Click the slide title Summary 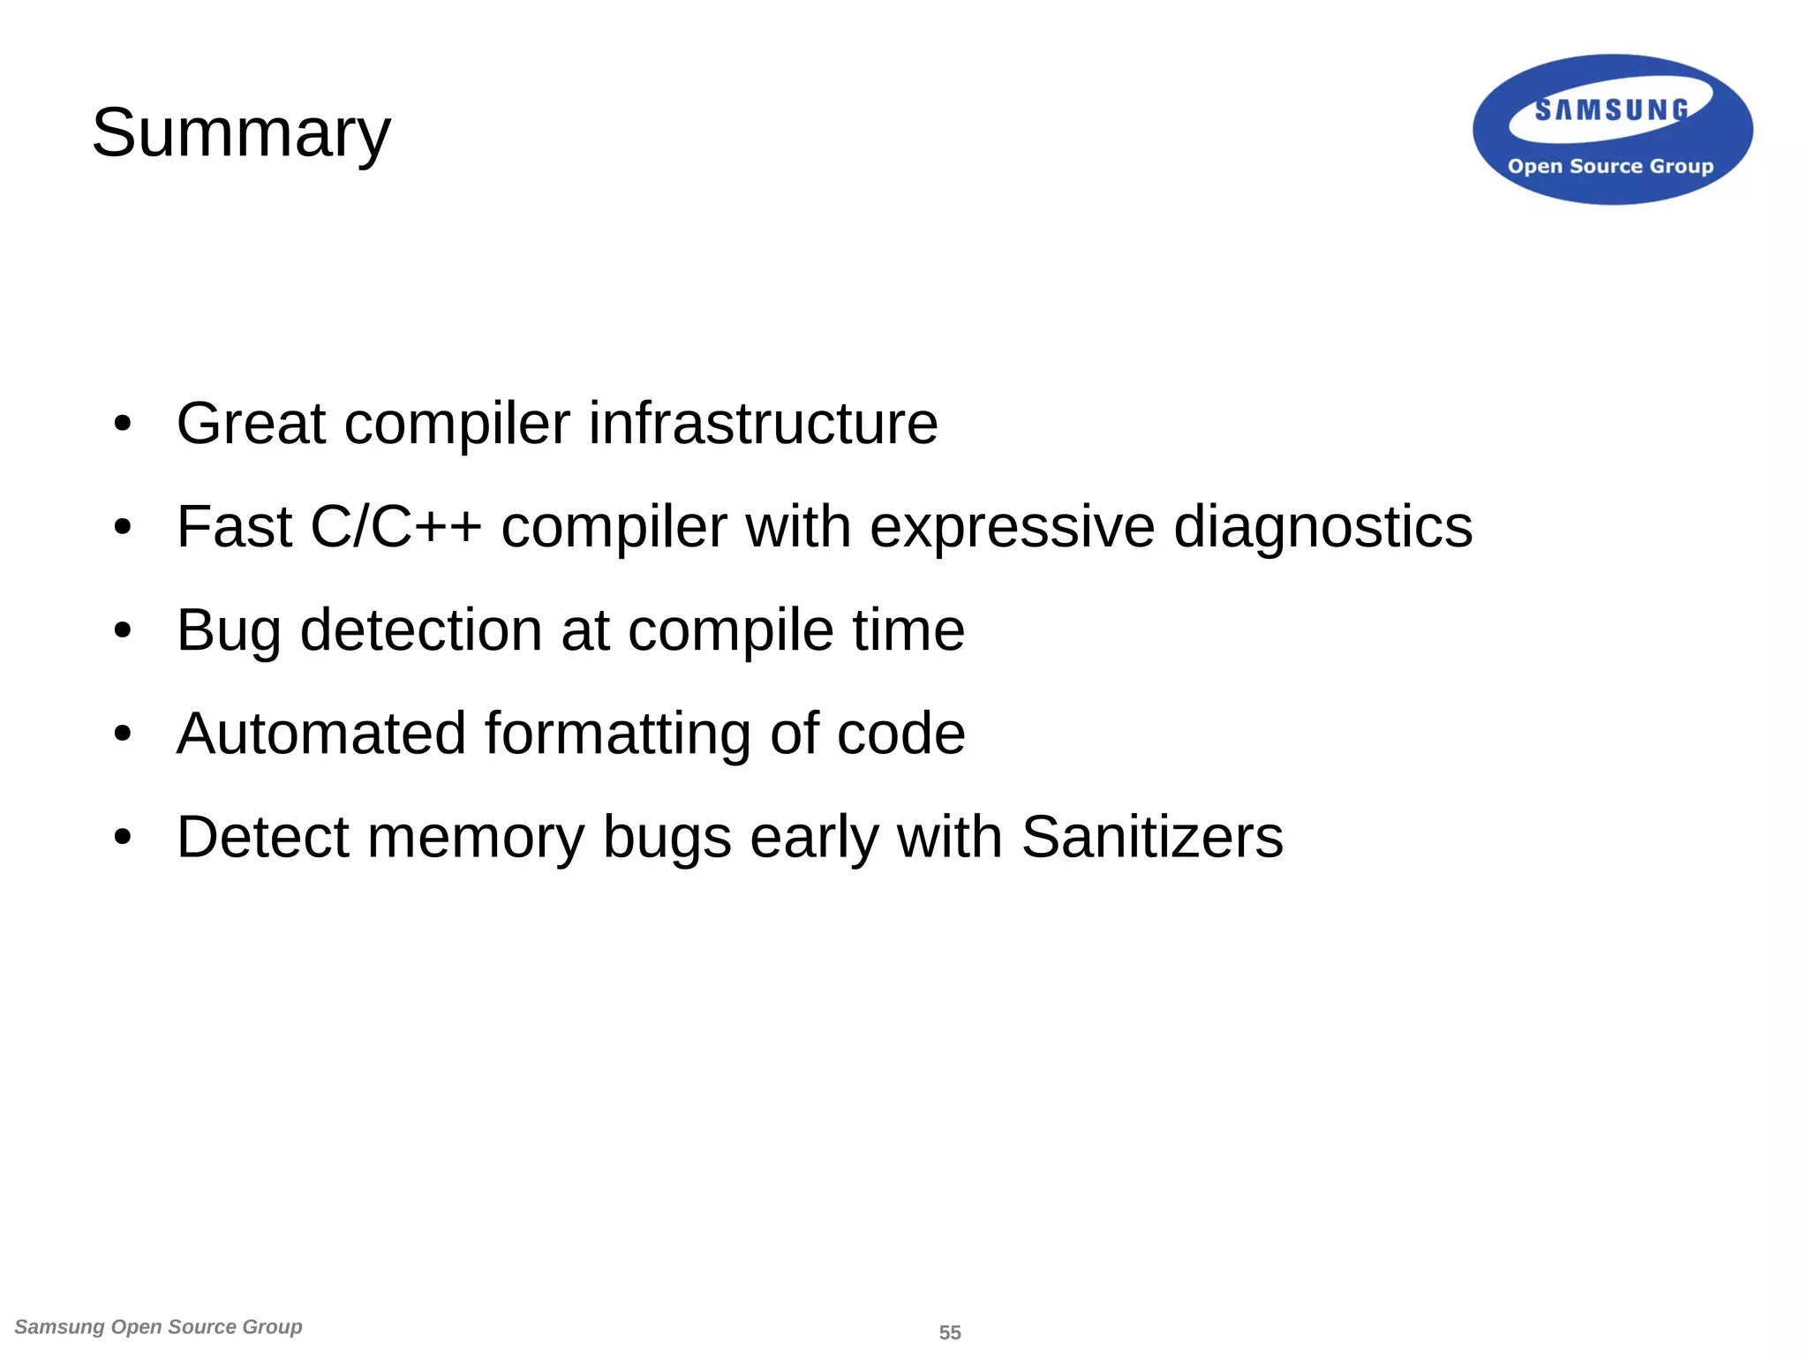click(x=241, y=132)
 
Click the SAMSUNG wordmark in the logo click(x=1611, y=109)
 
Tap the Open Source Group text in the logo click(x=1610, y=166)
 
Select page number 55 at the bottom click(x=950, y=1332)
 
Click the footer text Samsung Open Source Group click(x=159, y=1327)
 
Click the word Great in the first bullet click(x=251, y=423)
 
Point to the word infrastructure click(x=763, y=423)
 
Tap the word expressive click(x=1012, y=527)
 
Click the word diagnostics click(x=1323, y=527)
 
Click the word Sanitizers click(x=1152, y=837)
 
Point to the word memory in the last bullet click(x=476, y=837)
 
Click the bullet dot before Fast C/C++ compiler click(x=123, y=528)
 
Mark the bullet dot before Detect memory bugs click(x=123, y=838)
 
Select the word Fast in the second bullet click(x=234, y=527)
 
